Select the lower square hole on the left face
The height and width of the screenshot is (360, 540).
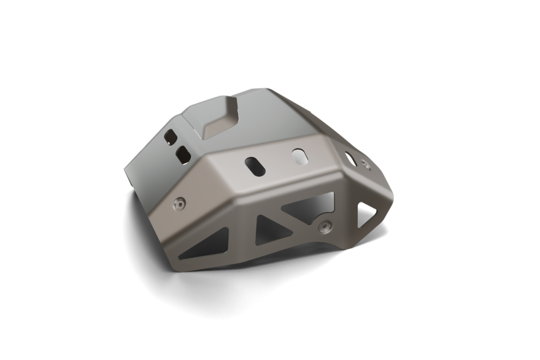[x=183, y=155]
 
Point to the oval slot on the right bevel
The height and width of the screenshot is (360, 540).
[x=350, y=158]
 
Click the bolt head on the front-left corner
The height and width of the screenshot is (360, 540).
[x=180, y=203]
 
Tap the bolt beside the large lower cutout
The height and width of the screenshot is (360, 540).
[x=325, y=226]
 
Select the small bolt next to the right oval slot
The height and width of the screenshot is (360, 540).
[x=366, y=164]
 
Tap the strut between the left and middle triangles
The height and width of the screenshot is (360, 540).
[x=242, y=236]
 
